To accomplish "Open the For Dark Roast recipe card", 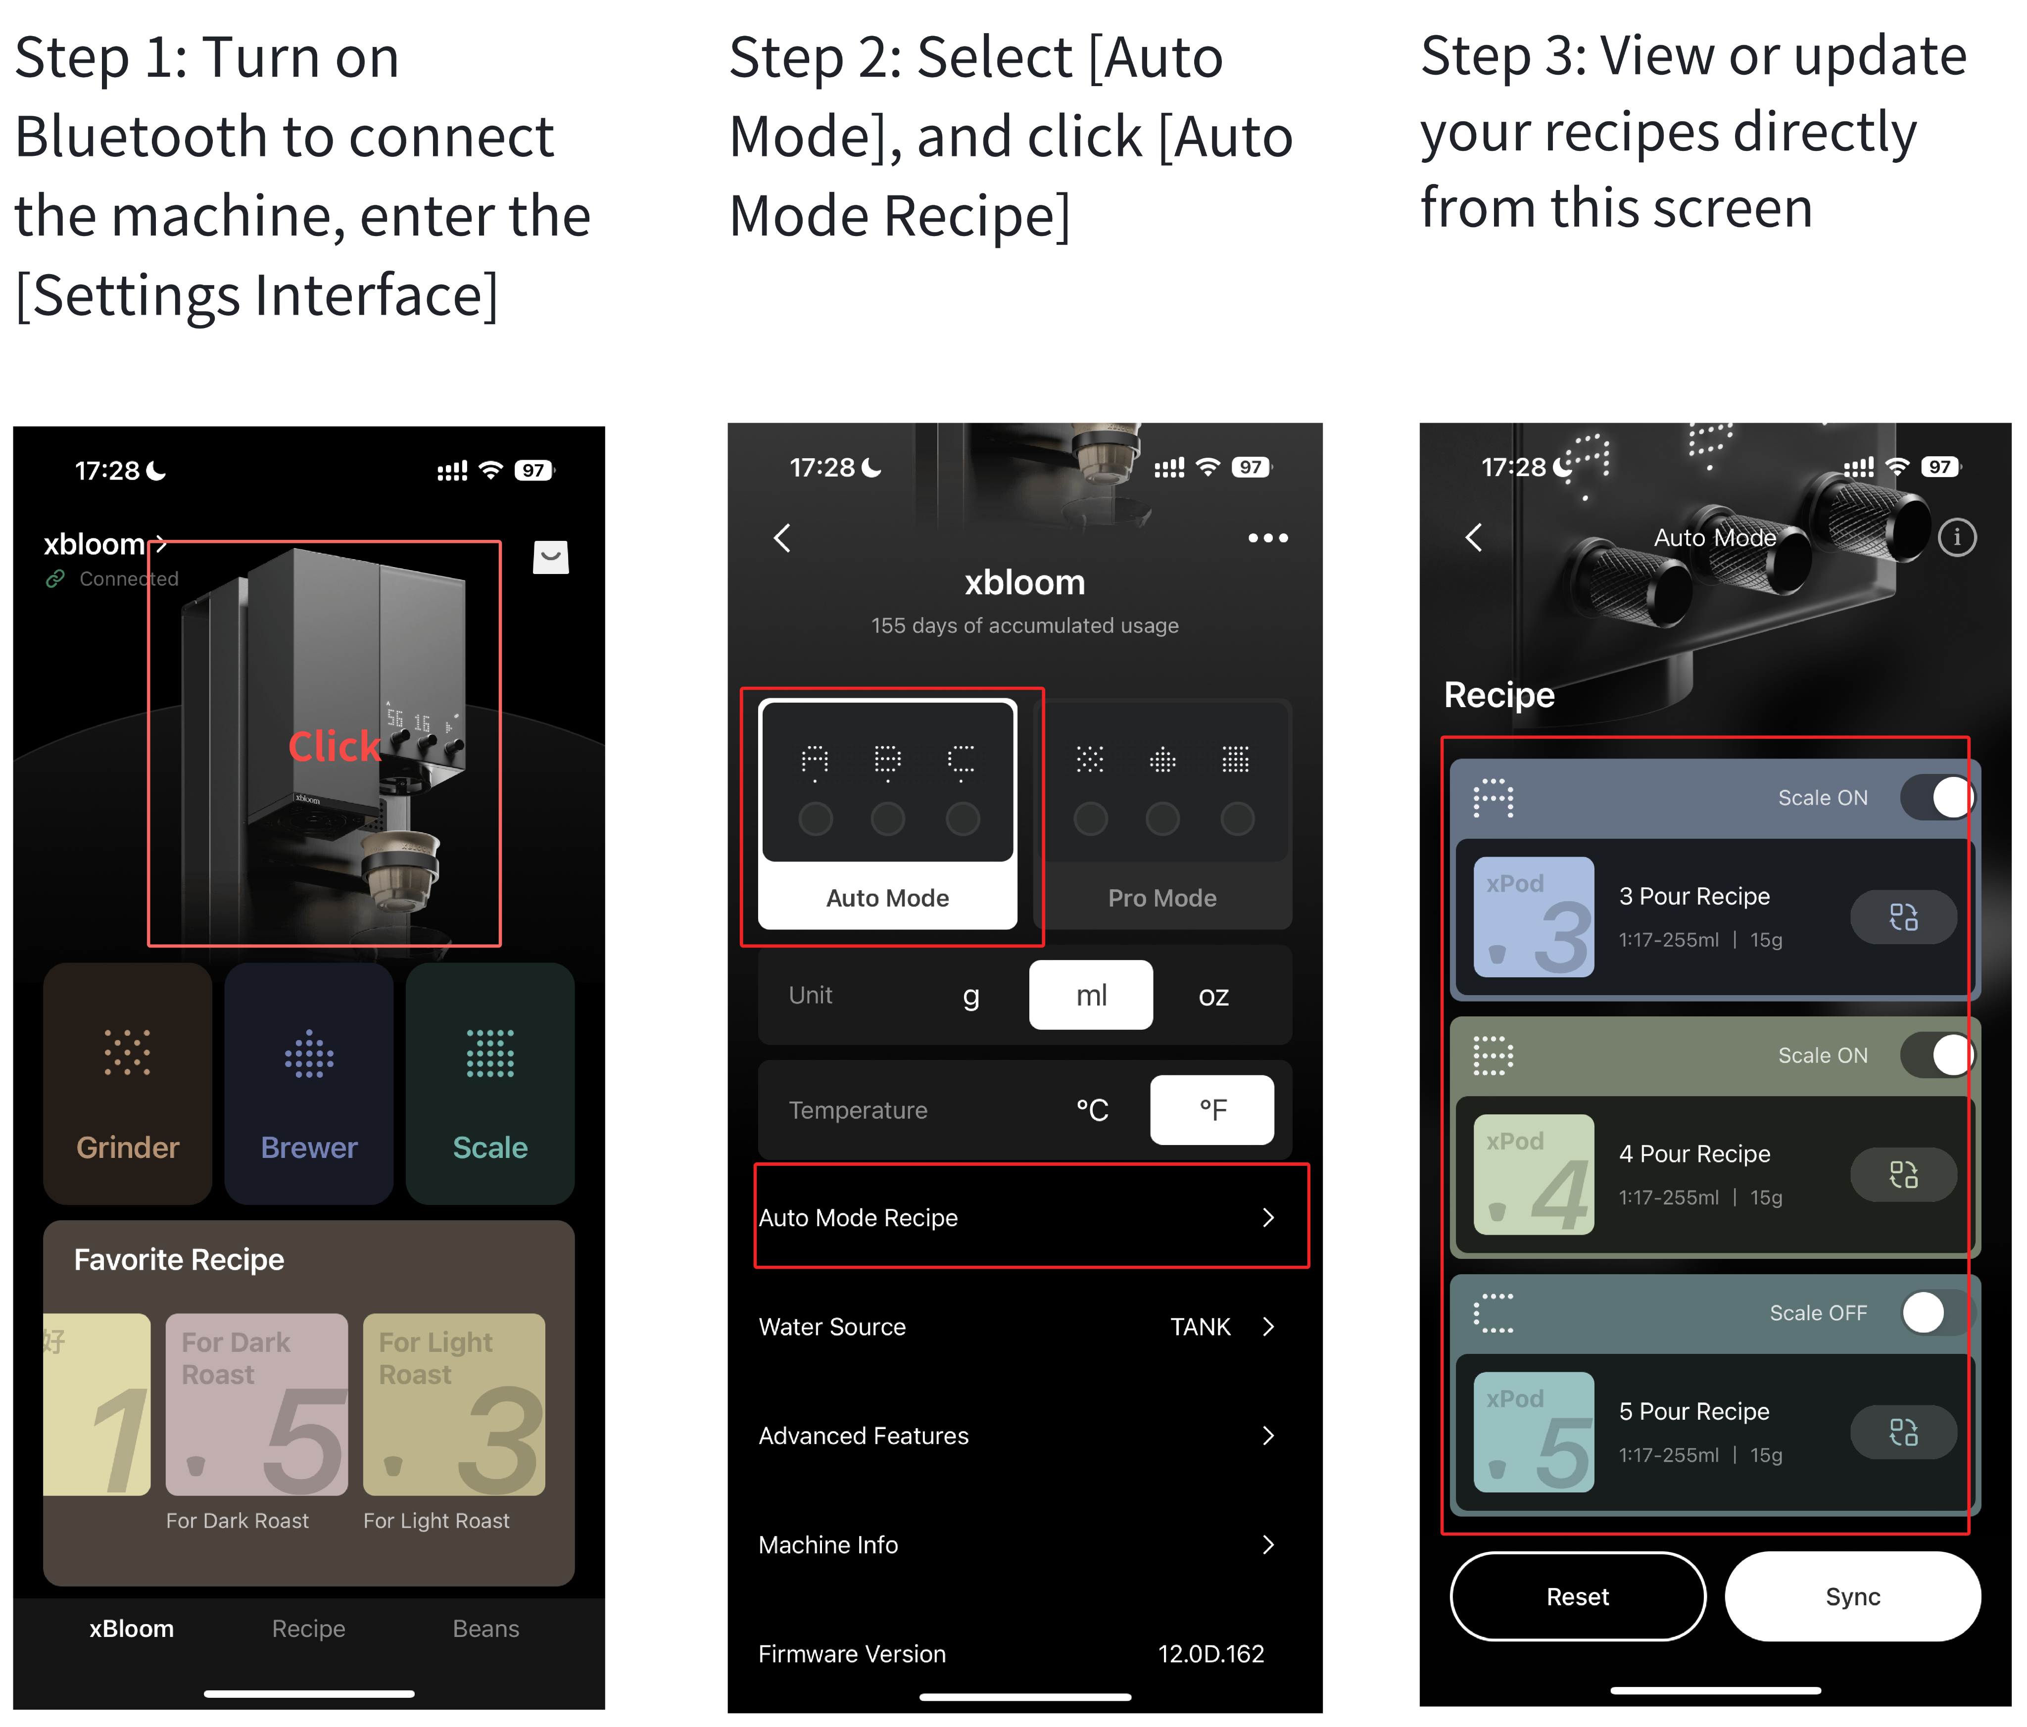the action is pyautogui.click(x=256, y=1404).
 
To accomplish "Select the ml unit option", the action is pyautogui.click(x=1091, y=995).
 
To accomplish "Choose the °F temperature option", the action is pyautogui.click(x=1212, y=1109).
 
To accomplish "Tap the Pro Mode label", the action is pyautogui.click(x=1162, y=898).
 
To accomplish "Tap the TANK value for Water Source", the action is pyautogui.click(x=1201, y=1327).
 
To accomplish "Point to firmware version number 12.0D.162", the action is pyautogui.click(x=1211, y=1654).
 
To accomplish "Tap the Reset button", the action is pyautogui.click(x=1577, y=1596).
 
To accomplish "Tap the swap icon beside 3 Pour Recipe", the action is pyautogui.click(x=1903, y=917).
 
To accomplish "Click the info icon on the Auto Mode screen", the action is pyautogui.click(x=1957, y=537).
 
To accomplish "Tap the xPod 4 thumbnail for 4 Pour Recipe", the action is pyautogui.click(x=1533, y=1174).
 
